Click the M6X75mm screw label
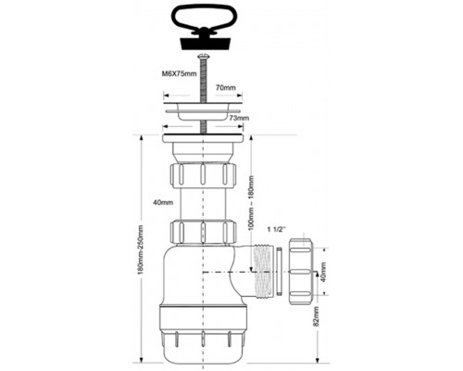coord(179,74)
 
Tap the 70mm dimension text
coord(225,87)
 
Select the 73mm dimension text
coord(239,118)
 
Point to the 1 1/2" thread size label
coord(277,229)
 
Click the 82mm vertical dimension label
coord(316,316)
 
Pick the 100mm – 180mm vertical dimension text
coord(251,203)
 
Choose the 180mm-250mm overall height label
coord(141,251)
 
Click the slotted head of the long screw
coord(204,57)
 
